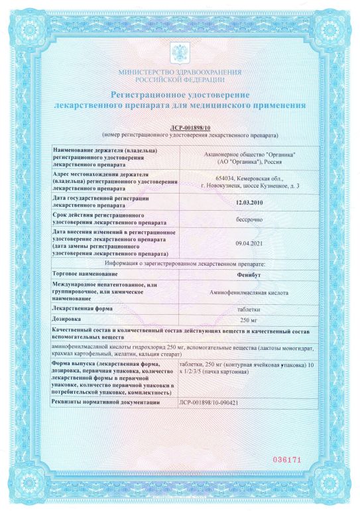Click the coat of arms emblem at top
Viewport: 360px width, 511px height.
pyautogui.click(x=180, y=52)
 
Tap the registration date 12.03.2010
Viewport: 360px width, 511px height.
pyautogui.click(x=249, y=202)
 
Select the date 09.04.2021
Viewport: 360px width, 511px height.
pyautogui.click(x=249, y=243)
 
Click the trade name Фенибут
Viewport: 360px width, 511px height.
pyautogui.click(x=249, y=274)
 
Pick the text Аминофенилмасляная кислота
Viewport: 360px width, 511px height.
pyautogui.click(x=249, y=292)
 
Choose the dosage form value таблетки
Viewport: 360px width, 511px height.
pyautogui.click(x=249, y=308)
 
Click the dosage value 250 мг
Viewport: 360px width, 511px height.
pyautogui.click(x=249, y=319)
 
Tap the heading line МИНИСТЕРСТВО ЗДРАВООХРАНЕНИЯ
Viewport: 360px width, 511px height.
pyautogui.click(x=180, y=72)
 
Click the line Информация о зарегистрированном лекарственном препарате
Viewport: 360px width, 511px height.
pyautogui.click(x=180, y=263)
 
